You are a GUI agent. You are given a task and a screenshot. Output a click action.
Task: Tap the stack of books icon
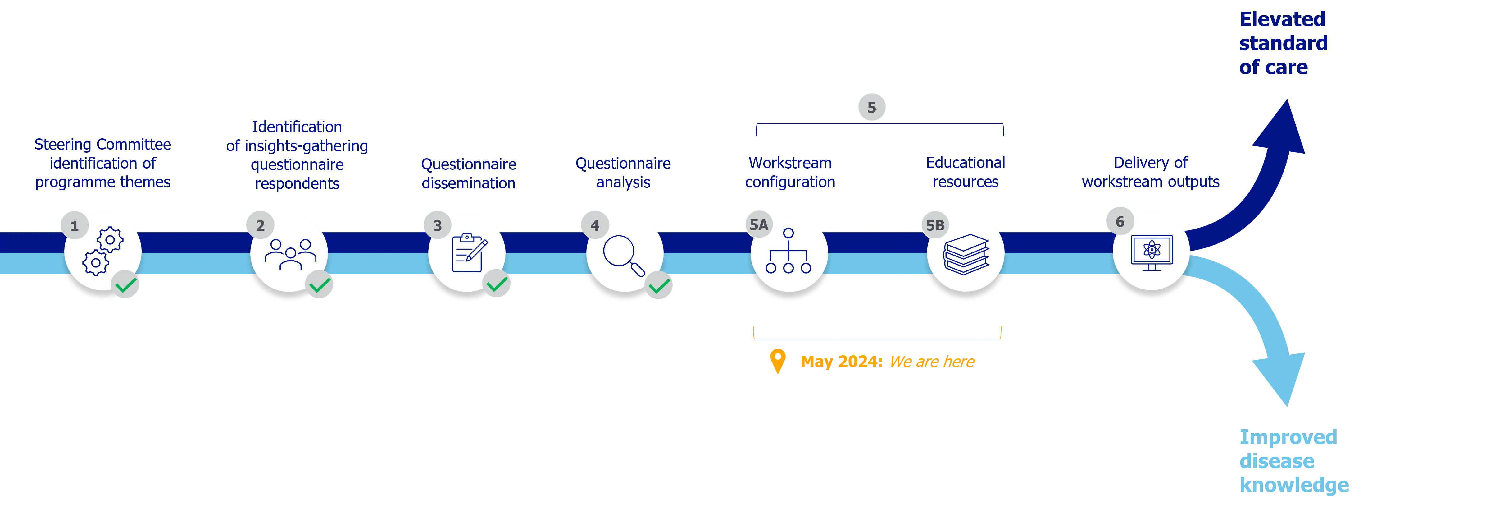[966, 254]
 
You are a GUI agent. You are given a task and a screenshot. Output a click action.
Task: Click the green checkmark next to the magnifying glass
[659, 285]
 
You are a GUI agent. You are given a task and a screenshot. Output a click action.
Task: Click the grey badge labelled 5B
[935, 225]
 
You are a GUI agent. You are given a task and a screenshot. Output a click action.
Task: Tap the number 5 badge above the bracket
[872, 107]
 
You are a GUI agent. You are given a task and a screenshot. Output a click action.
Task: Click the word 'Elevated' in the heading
[1282, 19]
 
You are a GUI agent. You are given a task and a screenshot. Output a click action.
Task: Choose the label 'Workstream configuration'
[790, 172]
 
